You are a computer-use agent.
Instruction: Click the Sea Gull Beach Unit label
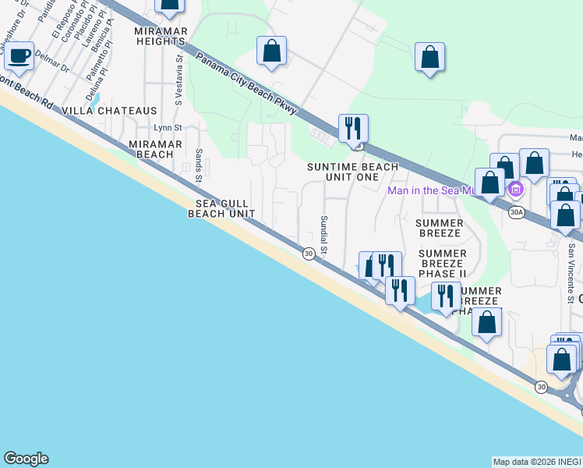click(x=221, y=207)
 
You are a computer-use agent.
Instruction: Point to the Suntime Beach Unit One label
click(x=352, y=172)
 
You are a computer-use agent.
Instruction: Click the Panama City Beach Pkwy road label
click(x=246, y=84)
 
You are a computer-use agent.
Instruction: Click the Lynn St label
click(x=167, y=127)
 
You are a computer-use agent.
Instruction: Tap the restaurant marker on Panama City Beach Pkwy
click(x=353, y=129)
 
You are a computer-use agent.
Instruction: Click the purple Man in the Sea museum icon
click(x=514, y=190)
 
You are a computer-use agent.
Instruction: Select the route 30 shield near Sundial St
click(x=309, y=253)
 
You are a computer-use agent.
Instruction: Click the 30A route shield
click(x=515, y=211)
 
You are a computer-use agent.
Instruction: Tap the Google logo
click(x=26, y=459)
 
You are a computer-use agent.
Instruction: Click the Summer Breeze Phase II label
click(x=443, y=264)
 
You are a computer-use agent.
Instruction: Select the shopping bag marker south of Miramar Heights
click(x=271, y=52)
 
